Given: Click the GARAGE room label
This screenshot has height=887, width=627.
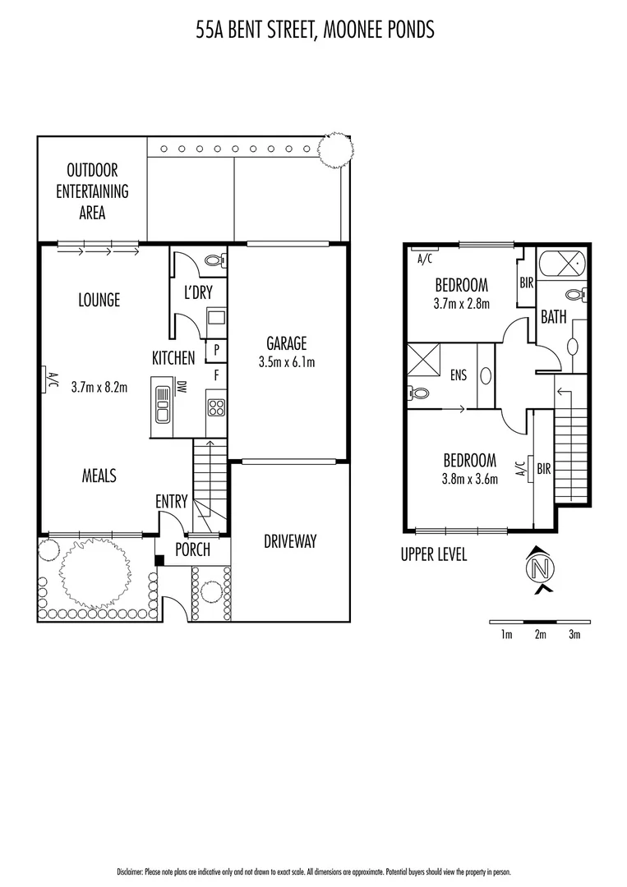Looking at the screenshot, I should [x=286, y=343].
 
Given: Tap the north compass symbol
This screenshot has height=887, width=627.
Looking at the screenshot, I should [x=540, y=568].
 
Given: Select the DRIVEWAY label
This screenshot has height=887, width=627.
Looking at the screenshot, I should [x=290, y=541].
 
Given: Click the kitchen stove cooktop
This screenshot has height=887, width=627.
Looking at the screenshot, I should [x=215, y=407].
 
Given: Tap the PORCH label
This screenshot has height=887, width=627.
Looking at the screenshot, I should [x=192, y=549].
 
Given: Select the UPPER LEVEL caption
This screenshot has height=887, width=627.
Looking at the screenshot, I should [x=433, y=555].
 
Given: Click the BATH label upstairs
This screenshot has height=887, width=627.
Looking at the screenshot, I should [x=554, y=316].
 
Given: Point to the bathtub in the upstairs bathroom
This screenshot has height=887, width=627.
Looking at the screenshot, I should [x=562, y=265].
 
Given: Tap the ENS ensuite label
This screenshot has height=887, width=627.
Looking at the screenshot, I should [x=458, y=375].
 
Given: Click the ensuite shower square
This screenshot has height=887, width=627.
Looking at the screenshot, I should [x=423, y=361].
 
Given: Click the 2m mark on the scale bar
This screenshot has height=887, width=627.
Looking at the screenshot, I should [x=540, y=635].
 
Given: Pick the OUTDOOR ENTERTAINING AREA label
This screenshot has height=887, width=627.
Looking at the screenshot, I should [x=92, y=191].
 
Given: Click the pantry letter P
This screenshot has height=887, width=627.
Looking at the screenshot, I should [x=215, y=348].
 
